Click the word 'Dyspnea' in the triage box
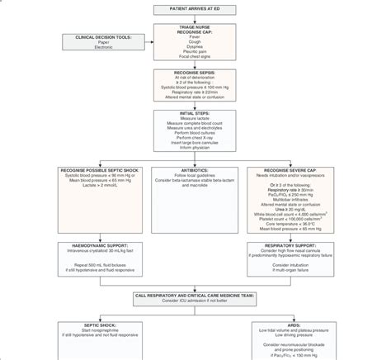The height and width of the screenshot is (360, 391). [195, 47]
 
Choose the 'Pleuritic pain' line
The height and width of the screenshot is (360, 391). [195, 53]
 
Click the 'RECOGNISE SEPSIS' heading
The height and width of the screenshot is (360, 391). [195, 73]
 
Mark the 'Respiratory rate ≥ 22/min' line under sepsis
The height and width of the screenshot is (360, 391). [195, 92]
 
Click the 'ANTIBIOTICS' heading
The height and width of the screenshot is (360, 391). [195, 169]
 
